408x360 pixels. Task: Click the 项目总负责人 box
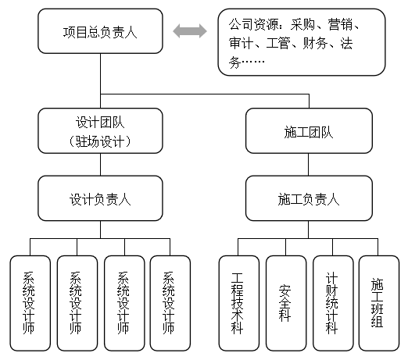(x=100, y=31)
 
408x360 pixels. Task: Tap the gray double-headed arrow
(x=190, y=31)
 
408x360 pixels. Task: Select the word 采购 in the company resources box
(x=302, y=25)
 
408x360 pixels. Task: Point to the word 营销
(x=340, y=25)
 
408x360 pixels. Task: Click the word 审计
(x=241, y=43)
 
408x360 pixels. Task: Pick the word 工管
(x=278, y=43)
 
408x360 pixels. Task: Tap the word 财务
(x=315, y=43)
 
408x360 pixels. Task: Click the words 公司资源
(x=253, y=25)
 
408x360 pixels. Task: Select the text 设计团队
(x=100, y=122)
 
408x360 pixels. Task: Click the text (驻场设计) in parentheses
(x=100, y=141)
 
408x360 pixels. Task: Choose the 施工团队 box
(x=309, y=131)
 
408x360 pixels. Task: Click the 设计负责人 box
(x=100, y=198)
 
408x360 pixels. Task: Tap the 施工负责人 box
(x=309, y=198)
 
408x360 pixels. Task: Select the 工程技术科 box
(x=239, y=303)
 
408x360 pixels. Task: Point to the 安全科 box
(x=286, y=303)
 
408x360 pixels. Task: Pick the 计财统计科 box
(x=333, y=303)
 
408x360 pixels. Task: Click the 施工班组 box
(x=379, y=303)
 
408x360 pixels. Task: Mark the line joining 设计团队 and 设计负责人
(x=101, y=165)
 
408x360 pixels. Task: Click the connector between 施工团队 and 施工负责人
(x=309, y=165)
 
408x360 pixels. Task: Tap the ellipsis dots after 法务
(x=253, y=62)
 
